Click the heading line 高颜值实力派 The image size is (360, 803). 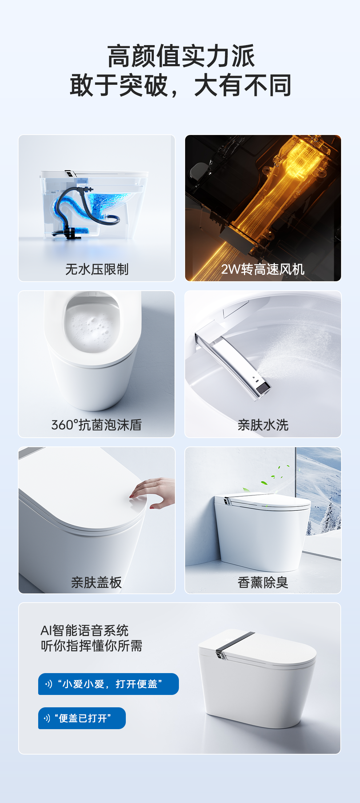coord(181,56)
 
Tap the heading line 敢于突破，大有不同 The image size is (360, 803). coord(181,86)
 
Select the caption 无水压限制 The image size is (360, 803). coord(97,269)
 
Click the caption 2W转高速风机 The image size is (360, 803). coord(263,269)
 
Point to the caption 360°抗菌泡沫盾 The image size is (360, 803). coord(96,425)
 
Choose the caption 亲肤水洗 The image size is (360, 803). coord(263,425)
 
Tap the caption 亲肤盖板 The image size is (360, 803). coord(96,583)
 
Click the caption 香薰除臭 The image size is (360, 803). coord(263,583)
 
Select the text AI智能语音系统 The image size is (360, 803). coord(84,631)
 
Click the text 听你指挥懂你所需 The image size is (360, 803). coord(91,646)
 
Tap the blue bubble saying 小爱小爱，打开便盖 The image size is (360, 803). coord(108,684)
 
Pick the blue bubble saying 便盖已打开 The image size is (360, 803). coord(82,718)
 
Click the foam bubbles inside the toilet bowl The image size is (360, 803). coord(92,327)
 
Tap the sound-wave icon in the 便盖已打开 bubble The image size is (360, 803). coord(47,718)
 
